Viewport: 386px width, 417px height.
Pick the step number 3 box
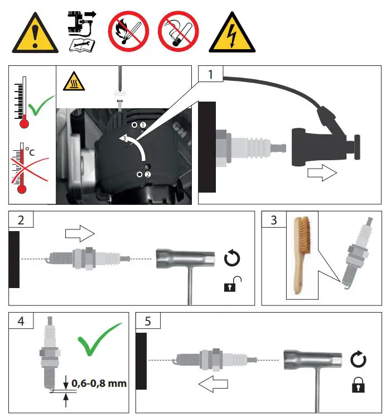[x=273, y=220]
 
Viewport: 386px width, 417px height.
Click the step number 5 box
[x=147, y=321]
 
